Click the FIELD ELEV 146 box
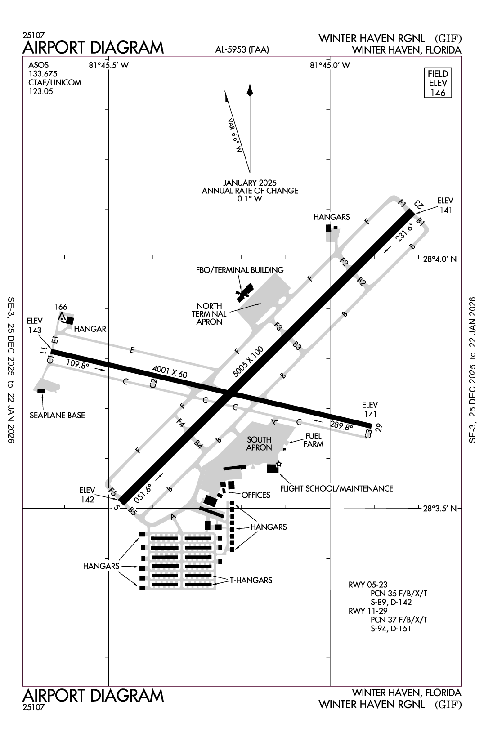[x=438, y=83]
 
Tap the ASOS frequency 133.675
[x=43, y=74]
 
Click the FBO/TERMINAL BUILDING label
[x=240, y=270]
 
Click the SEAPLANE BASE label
[x=57, y=415]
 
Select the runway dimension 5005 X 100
[x=248, y=362]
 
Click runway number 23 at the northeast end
[x=418, y=204]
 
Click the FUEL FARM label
[x=313, y=440]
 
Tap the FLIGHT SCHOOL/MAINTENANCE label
[x=336, y=488]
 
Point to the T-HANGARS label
[x=251, y=580]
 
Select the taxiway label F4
[x=181, y=423]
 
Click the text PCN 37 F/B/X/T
[x=399, y=620]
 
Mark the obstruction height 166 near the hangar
[x=61, y=307]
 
